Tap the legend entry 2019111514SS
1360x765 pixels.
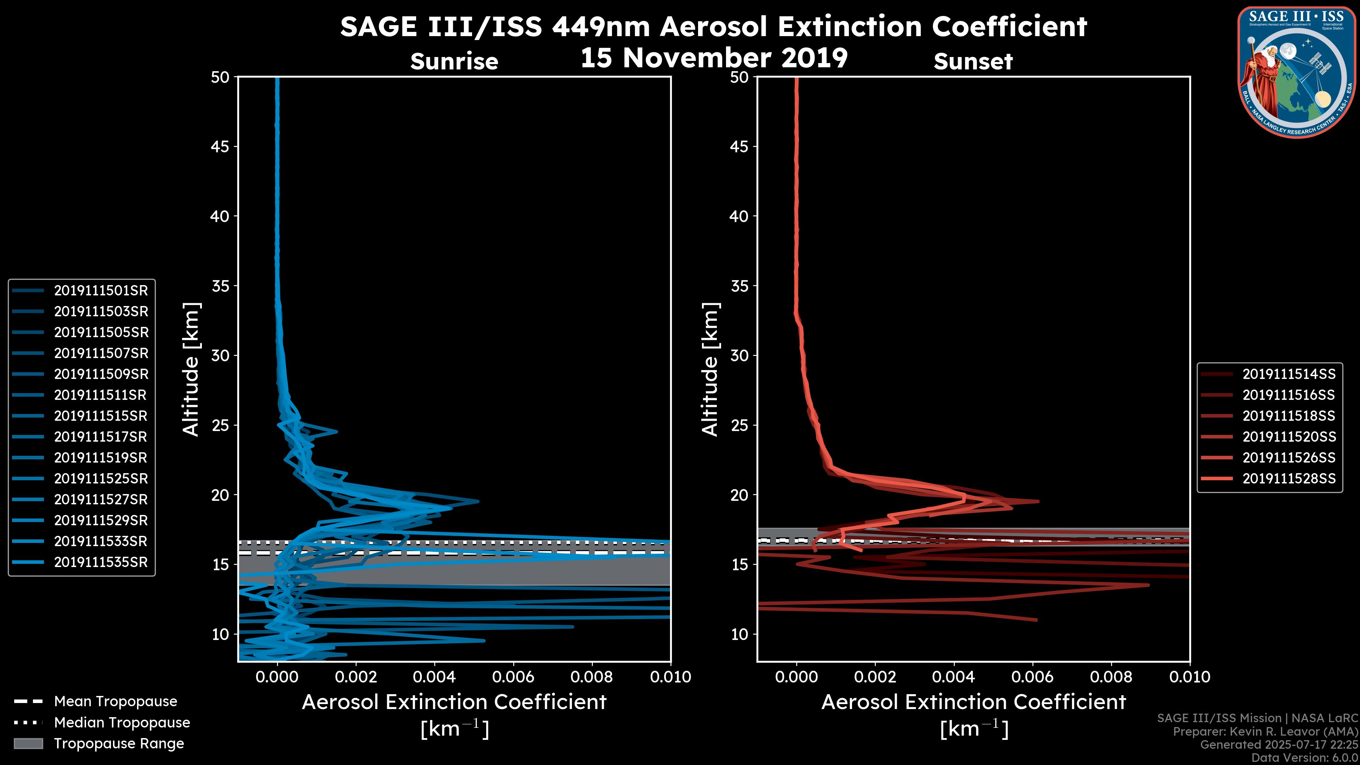(1289, 374)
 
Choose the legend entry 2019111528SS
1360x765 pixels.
(1289, 478)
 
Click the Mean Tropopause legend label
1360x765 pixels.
(115, 701)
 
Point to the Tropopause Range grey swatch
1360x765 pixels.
(28, 743)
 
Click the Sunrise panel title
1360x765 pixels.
(454, 61)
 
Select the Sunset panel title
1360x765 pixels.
(973, 61)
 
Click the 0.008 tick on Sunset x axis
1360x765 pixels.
(1111, 677)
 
